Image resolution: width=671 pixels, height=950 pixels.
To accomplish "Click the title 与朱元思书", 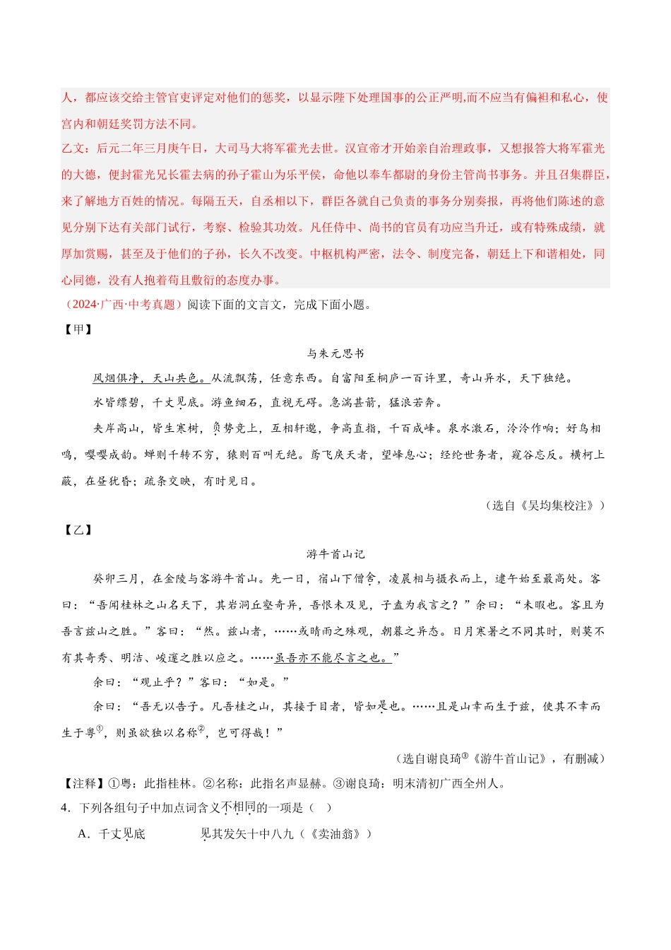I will [335, 353].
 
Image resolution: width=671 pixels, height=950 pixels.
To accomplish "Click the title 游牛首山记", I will [335, 554].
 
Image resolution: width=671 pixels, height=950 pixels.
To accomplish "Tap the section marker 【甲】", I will [78, 329].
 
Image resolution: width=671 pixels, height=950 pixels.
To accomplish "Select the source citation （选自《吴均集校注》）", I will [545, 505].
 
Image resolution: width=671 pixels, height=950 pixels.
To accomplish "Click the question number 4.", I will [65, 808].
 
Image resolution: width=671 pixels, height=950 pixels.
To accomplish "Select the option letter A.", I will [83, 834].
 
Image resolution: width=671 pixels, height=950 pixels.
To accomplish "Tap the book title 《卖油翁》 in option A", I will [336, 834].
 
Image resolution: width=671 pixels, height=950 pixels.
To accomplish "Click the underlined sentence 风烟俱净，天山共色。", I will [150, 378].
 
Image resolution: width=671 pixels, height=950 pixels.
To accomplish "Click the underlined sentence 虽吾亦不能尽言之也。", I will [333, 658].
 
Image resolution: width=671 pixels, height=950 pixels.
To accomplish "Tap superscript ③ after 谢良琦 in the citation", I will [465, 756].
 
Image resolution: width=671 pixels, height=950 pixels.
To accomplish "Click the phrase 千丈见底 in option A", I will [122, 834].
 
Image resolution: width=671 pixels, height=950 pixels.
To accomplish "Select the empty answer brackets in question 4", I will [319, 808].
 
